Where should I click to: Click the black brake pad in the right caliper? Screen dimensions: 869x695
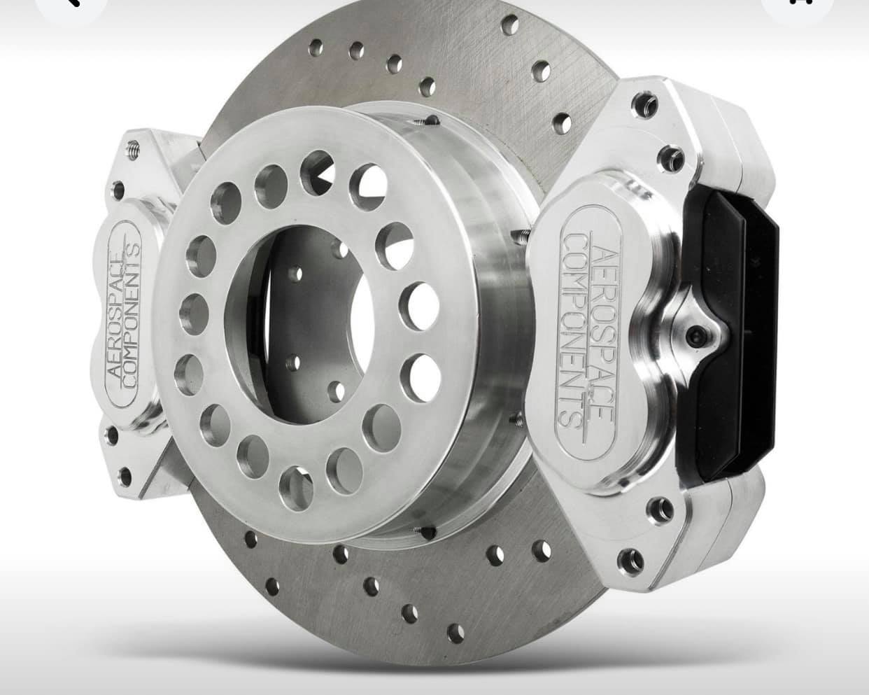727,335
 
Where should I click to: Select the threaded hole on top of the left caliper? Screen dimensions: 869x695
134,150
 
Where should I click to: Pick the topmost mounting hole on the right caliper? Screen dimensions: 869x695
646,104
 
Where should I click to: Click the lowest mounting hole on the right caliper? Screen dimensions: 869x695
630,560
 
